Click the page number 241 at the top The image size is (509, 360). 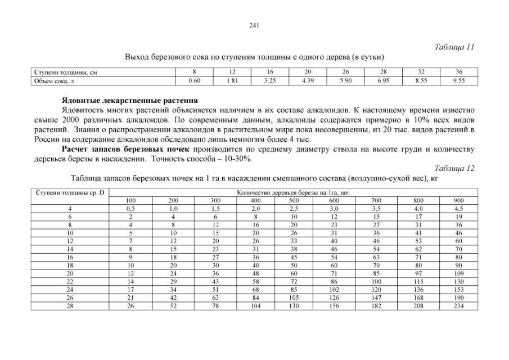(254, 25)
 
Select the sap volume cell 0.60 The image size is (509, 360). (194, 81)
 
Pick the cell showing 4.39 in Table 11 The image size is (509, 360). (308, 81)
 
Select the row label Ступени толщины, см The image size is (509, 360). (62, 73)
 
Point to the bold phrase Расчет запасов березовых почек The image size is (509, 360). (127, 149)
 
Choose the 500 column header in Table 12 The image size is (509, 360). (294, 200)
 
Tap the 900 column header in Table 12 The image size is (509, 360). (458, 200)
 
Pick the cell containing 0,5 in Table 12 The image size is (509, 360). (130, 208)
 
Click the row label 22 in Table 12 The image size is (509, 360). (70, 281)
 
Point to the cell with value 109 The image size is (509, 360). (458, 273)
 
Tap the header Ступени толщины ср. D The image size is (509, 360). (70, 192)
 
